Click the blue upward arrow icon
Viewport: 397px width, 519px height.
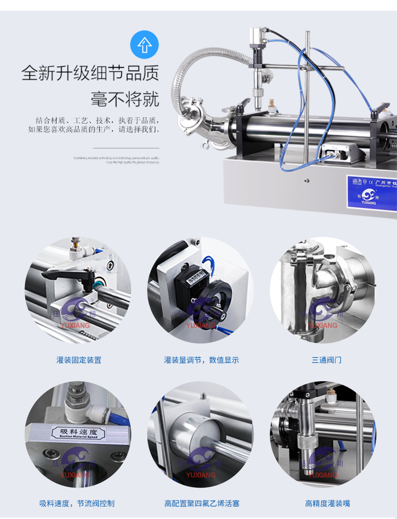coord(144,45)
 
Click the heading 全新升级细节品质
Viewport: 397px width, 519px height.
coord(90,73)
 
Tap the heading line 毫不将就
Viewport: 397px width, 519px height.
coord(125,99)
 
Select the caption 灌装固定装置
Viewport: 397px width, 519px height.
coord(79,360)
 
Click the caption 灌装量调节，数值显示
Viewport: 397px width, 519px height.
coord(202,360)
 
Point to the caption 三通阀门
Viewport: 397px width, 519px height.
coord(326,360)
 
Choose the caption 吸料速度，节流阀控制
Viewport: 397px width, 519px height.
coord(77,503)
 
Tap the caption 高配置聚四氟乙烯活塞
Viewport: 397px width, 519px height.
coord(202,503)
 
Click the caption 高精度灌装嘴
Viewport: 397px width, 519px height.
coord(328,503)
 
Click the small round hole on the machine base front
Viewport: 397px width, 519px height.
coord(307,181)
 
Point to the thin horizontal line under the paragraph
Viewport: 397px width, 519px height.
coord(126,148)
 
